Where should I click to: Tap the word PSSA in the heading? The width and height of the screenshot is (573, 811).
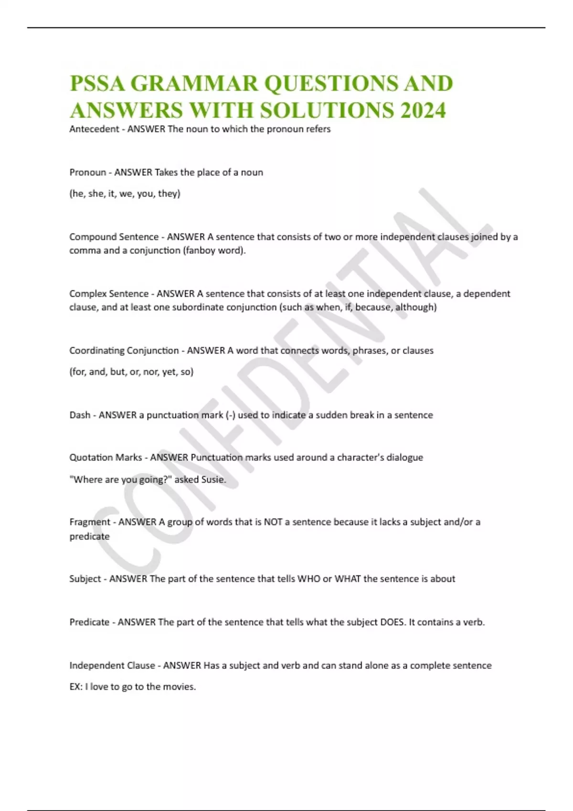96,83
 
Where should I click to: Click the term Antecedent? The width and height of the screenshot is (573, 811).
94,129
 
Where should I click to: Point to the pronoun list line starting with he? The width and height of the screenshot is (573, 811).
125,194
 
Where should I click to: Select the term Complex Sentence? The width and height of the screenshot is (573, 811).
109,293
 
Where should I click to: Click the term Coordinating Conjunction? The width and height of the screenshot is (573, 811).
124,351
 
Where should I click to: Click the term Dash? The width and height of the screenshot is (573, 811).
80,415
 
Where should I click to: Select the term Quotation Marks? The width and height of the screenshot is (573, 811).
106,457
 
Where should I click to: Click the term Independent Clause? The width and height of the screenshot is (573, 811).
112,665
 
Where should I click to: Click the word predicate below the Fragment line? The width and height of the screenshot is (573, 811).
89,536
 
